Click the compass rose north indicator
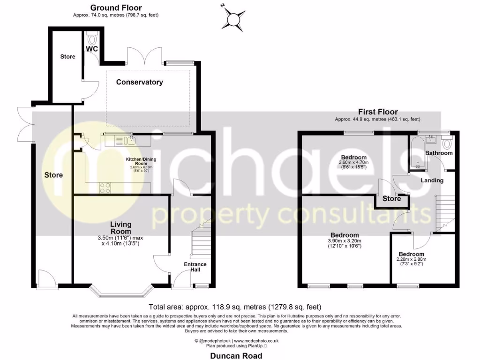(233, 18)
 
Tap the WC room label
(91, 48)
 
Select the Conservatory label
(140, 82)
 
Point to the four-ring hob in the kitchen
(105, 187)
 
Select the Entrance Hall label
(195, 267)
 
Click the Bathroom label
(439, 153)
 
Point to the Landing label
(431, 180)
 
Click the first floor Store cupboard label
(392, 199)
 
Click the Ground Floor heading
(116, 7)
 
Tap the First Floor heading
(378, 112)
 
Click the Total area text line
(235, 307)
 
